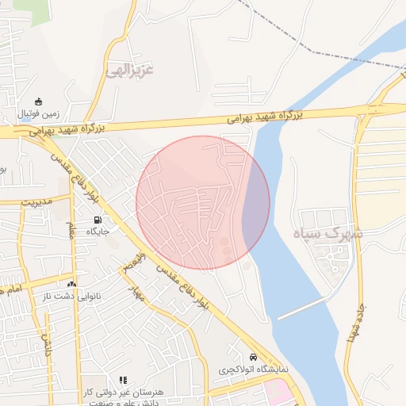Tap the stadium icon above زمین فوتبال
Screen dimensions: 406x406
tap(37, 101)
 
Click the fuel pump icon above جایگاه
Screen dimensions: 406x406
tap(98, 220)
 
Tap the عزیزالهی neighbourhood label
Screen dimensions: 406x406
tap(128, 71)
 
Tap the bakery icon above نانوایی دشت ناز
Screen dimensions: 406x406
tap(72, 283)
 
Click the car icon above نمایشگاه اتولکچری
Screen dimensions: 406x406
tap(253, 357)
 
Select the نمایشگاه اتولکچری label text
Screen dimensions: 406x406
tap(254, 370)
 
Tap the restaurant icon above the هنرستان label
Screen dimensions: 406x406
tap(123, 381)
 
